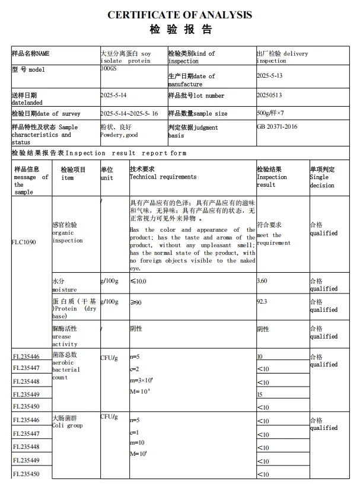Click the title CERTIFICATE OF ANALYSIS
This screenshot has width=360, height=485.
point(180,15)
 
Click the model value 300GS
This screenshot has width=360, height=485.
point(109,69)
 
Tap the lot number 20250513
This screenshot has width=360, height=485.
point(270,95)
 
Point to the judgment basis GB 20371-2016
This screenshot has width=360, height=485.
point(277,127)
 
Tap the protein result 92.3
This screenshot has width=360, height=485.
point(263,302)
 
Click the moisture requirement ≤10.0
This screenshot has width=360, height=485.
point(138,281)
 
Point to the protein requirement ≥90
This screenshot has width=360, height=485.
point(136,303)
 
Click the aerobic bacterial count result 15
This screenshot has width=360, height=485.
point(260,394)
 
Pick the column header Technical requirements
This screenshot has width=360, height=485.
point(163,177)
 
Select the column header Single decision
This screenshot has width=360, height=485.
point(322,181)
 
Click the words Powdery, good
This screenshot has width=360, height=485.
point(119,135)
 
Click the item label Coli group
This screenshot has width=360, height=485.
point(67,426)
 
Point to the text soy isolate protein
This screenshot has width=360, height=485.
point(126,57)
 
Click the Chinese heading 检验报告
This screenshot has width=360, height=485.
point(180,30)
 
